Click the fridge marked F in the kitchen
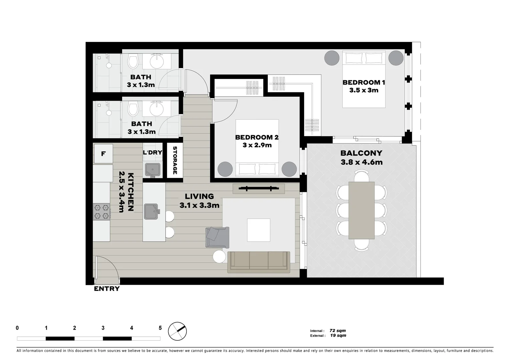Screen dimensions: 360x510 tap(103, 154)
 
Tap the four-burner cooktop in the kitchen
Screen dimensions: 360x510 tap(101, 212)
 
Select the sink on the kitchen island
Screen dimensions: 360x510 tap(151, 212)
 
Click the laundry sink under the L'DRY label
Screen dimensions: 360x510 tap(153, 170)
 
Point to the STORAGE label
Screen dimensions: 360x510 tap(175, 160)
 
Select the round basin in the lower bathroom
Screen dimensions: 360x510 tap(156, 108)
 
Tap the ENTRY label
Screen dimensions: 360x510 tap(106, 289)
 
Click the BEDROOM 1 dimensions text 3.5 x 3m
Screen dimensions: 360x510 tap(364, 90)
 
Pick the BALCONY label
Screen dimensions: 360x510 tap(361, 153)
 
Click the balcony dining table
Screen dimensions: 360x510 tap(361, 210)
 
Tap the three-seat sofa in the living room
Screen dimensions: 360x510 tap(259, 262)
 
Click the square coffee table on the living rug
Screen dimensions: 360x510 tap(259, 230)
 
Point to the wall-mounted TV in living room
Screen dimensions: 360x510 tap(259, 189)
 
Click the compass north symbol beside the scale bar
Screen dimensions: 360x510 tap(177, 331)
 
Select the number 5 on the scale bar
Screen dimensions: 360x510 tap(160, 328)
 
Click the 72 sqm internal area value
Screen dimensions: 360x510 tap(338, 331)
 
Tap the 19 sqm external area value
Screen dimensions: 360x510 tap(338, 336)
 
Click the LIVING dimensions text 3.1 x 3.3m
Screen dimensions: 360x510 tap(199, 206)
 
